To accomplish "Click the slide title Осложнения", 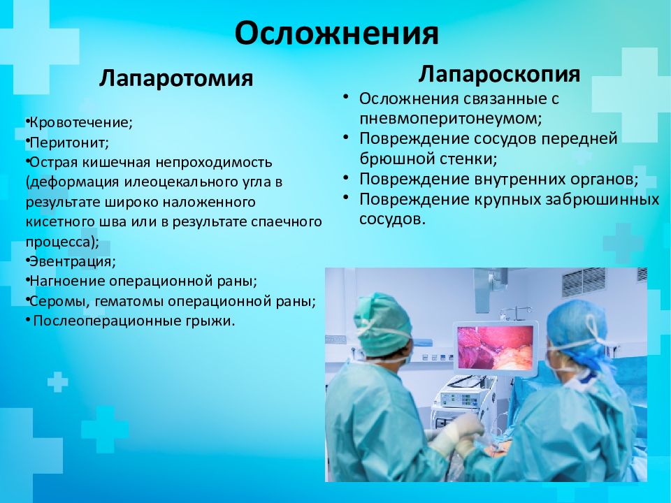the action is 336,34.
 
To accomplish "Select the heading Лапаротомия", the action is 176,78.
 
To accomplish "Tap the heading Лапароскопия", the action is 499,73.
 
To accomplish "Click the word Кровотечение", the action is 80,122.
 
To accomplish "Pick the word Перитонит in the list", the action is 68,142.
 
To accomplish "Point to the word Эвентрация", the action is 71,261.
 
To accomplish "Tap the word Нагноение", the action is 67,281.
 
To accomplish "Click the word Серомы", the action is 58,301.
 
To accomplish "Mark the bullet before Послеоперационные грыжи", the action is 28,319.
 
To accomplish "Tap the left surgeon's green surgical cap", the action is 382,323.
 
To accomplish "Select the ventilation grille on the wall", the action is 584,282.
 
